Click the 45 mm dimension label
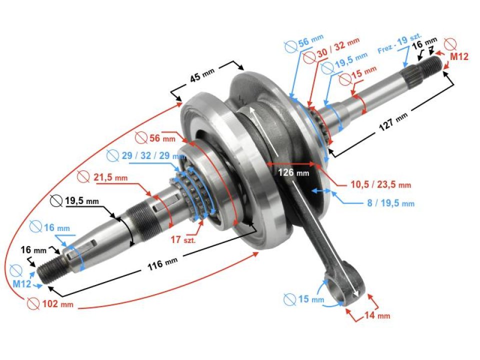202,77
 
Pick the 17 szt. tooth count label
182,239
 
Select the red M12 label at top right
458,57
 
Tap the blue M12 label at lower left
22,284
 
